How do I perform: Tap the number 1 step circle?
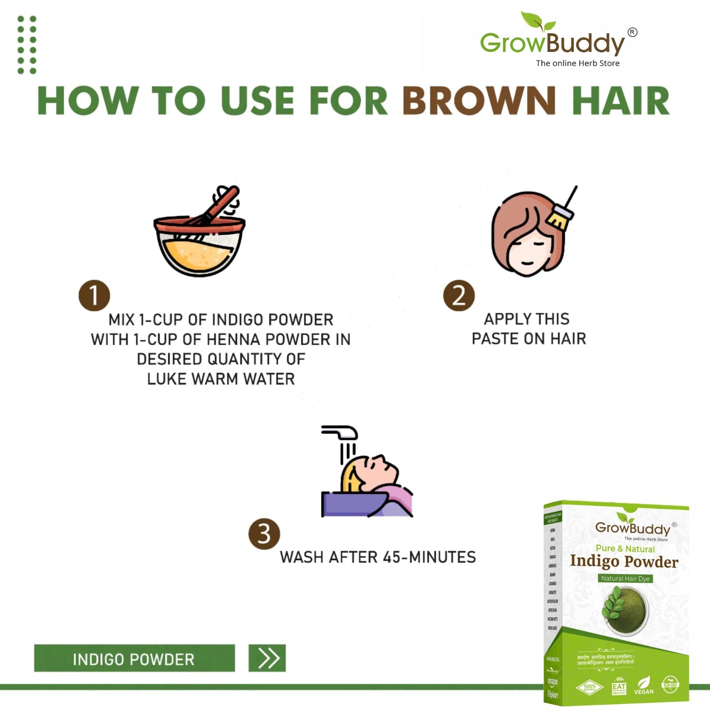[x=94, y=296]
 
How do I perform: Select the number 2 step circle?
[x=459, y=296]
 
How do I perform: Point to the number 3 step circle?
[x=264, y=534]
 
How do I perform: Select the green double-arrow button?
[x=267, y=658]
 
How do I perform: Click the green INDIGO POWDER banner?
[x=134, y=659]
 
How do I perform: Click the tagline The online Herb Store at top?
[x=577, y=63]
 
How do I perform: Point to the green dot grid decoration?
[x=27, y=44]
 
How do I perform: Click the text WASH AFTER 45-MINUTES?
[x=378, y=557]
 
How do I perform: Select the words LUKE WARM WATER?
[x=221, y=379]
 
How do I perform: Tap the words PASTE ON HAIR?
[x=529, y=339]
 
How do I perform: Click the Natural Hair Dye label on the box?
[x=625, y=578]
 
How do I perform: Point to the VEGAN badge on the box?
[x=643, y=686]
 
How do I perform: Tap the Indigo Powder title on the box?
[x=624, y=562]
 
